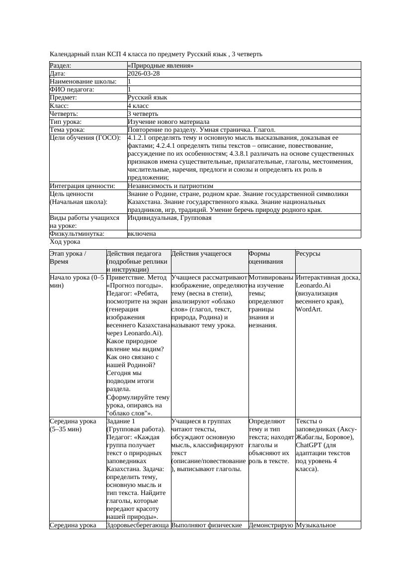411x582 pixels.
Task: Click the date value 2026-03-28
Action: pos(144,74)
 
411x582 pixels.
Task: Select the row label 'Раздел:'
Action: pos(61,66)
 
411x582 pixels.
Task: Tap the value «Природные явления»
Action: pos(161,66)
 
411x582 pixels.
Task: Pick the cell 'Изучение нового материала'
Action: pos(168,122)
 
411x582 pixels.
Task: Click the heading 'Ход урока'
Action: pos(65,242)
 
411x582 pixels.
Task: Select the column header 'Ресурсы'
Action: pos(308,254)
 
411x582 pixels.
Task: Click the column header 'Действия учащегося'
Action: pos(201,254)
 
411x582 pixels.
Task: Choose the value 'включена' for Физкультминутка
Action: pos(142,234)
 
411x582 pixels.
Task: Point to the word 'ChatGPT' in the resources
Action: pos(309,445)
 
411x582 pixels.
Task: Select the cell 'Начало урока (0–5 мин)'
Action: pos(77,282)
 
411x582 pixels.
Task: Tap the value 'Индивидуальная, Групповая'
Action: pos(169,218)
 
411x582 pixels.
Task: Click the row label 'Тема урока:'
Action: pos(68,130)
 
